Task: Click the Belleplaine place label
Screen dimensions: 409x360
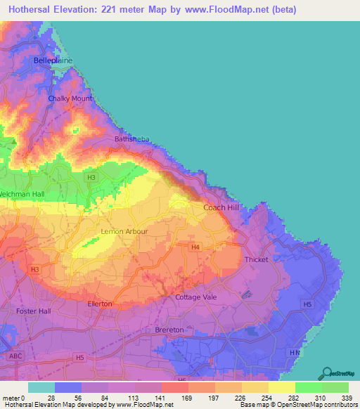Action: click(x=53, y=61)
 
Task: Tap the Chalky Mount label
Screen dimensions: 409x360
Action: click(x=70, y=98)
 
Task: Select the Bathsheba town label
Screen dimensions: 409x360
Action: click(x=131, y=139)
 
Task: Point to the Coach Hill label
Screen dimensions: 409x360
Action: click(x=221, y=208)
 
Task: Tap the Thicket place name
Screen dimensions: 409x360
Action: click(x=256, y=259)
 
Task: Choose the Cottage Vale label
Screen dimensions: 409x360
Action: click(x=195, y=297)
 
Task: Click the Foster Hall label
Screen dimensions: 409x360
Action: click(x=34, y=310)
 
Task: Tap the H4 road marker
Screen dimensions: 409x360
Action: click(x=195, y=247)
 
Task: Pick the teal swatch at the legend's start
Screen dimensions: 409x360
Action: click(x=41, y=388)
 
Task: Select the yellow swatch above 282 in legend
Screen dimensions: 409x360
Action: click(x=281, y=388)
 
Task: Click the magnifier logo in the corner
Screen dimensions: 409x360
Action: click(x=327, y=372)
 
